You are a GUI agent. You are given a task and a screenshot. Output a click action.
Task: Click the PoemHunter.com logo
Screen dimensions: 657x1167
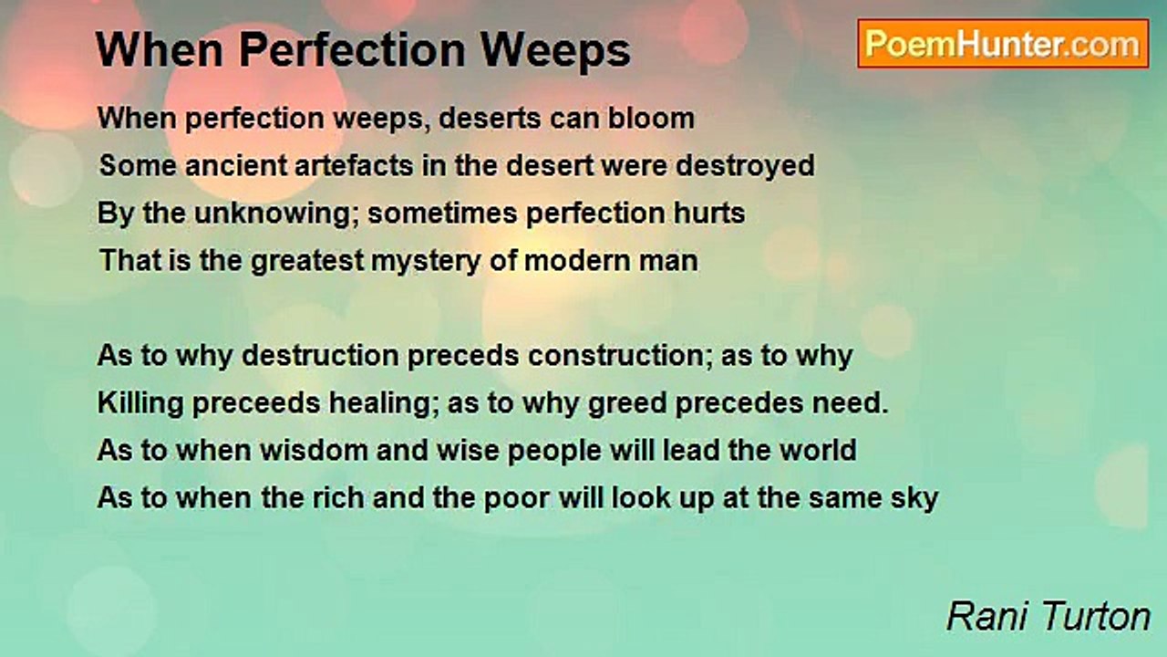pyautogui.click(x=1002, y=44)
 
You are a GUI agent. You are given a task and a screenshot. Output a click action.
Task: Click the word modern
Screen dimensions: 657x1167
pyautogui.click(x=579, y=261)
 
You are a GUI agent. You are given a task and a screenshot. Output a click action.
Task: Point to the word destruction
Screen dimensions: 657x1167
pyautogui.click(x=327, y=356)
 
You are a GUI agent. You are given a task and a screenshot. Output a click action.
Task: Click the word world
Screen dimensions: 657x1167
pyautogui.click(x=816, y=451)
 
